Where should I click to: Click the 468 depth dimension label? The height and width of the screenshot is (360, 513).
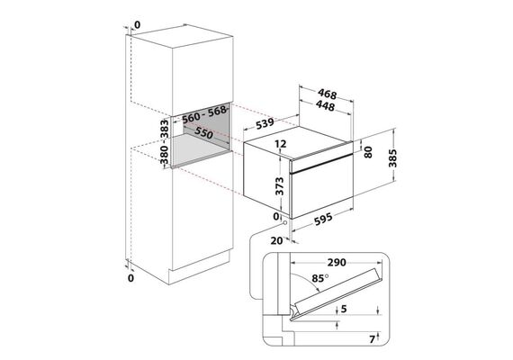point(328,94)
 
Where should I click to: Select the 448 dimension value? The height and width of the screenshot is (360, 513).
point(326,105)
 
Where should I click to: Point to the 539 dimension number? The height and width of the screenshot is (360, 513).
point(265,123)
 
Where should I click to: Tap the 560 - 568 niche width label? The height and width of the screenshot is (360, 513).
point(204,114)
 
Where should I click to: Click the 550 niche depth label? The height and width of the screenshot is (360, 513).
point(203,132)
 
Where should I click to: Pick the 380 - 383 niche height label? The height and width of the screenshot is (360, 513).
point(165,141)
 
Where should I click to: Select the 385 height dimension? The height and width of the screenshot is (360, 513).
point(392,158)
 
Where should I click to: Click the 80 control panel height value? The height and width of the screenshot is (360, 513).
point(368,152)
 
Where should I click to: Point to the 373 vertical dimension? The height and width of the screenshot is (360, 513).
point(279,186)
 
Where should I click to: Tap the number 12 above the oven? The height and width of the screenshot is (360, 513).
point(281,143)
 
